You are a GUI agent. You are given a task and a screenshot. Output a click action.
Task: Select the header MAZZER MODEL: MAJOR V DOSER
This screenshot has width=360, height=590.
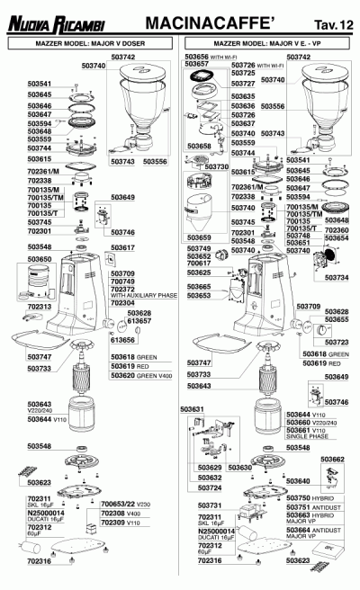92,42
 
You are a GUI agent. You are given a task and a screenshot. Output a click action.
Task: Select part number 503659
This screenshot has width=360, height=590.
199,237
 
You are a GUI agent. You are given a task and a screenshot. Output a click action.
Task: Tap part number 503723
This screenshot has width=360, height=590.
336,343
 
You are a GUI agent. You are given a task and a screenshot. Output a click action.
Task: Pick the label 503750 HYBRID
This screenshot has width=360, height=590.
310,497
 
